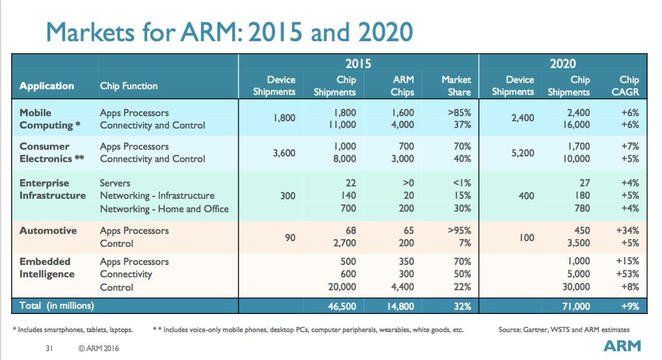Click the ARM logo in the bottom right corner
(622, 346)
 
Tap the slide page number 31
(50, 349)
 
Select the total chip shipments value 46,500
(342, 306)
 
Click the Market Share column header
(456, 86)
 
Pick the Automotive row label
(48, 231)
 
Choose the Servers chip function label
(115, 183)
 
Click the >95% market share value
(459, 231)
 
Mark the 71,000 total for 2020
(576, 306)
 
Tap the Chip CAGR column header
(629, 86)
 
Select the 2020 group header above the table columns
(562, 64)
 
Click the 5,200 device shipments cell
(523, 153)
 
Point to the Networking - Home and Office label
(164, 209)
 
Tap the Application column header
(46, 86)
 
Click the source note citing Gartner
(564, 330)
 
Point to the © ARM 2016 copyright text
(99, 349)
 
